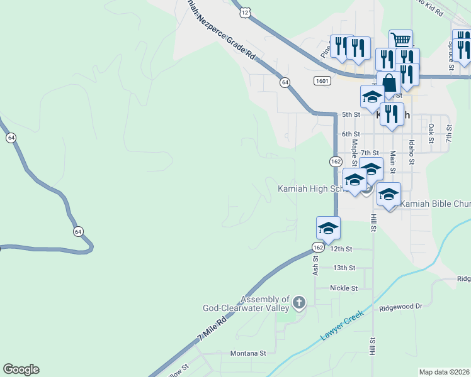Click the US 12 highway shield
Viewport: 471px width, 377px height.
point(245,12)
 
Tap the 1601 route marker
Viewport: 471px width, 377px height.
point(322,81)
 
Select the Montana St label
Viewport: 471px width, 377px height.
point(249,353)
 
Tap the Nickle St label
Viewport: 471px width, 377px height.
point(344,288)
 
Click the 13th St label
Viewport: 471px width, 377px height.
point(344,268)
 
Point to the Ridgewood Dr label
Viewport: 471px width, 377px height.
point(400,308)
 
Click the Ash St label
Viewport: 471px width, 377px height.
point(316,264)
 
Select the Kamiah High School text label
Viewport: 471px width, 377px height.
point(312,188)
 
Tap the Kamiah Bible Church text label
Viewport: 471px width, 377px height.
point(435,204)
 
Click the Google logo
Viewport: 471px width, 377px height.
point(21,369)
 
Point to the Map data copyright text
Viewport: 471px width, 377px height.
point(444,372)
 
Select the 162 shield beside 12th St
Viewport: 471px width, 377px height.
point(319,248)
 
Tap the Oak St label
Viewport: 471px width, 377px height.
point(431,132)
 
